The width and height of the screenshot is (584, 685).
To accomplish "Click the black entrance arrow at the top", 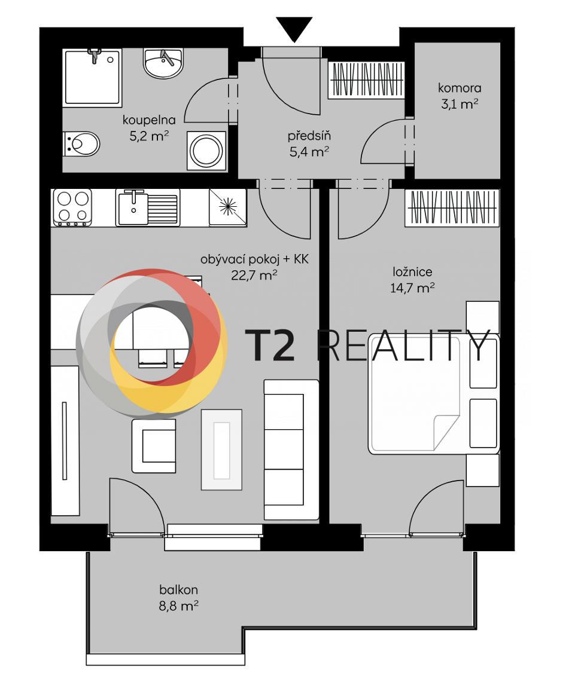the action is click(x=294, y=29).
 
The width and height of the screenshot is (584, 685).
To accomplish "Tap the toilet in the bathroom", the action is click(x=82, y=143).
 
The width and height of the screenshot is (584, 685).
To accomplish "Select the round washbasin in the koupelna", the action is click(x=163, y=63).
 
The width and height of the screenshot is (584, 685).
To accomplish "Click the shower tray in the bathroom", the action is click(x=93, y=77).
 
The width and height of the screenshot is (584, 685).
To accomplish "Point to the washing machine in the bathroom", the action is click(x=207, y=150).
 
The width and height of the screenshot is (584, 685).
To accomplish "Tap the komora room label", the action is click(x=460, y=88).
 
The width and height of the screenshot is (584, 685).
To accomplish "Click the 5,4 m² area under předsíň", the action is click(x=309, y=152).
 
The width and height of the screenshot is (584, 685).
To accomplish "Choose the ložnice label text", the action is click(x=412, y=272).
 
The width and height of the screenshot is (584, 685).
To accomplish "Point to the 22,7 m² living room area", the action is click(x=254, y=275).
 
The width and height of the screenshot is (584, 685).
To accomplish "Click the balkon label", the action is click(x=178, y=590).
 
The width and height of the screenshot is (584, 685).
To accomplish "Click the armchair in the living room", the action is click(x=154, y=445).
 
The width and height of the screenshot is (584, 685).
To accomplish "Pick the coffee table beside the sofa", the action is click(x=221, y=449).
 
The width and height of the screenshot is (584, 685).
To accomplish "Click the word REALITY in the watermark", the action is click(x=403, y=345).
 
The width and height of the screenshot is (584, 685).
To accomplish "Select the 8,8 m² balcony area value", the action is click(x=178, y=606).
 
